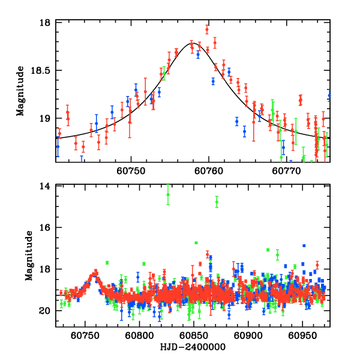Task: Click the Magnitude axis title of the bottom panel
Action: [28, 256]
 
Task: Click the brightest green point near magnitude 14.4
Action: [168, 194]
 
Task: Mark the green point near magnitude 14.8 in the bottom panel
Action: [217, 202]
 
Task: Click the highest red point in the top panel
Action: [207, 29]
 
